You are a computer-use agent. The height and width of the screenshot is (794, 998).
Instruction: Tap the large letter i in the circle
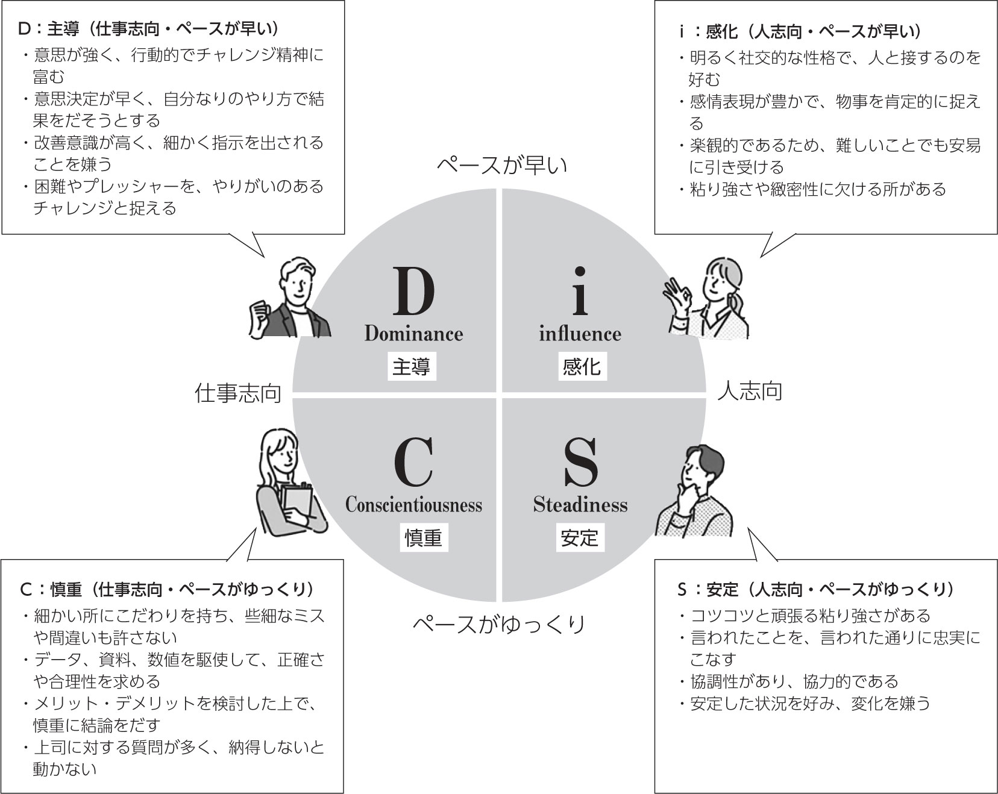tap(580, 292)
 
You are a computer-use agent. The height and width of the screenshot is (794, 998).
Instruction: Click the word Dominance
tap(413, 333)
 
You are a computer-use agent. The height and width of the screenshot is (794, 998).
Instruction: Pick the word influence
tap(580, 333)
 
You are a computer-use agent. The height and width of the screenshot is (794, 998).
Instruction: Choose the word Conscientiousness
tap(413, 504)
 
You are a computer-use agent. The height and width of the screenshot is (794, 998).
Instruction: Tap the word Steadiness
tap(580, 504)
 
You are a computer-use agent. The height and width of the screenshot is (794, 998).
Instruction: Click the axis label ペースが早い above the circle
tap(501, 164)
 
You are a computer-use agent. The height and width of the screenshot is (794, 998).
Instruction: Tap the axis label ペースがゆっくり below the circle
tap(499, 624)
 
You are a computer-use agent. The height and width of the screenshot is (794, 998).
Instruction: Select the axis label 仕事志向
tap(238, 393)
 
